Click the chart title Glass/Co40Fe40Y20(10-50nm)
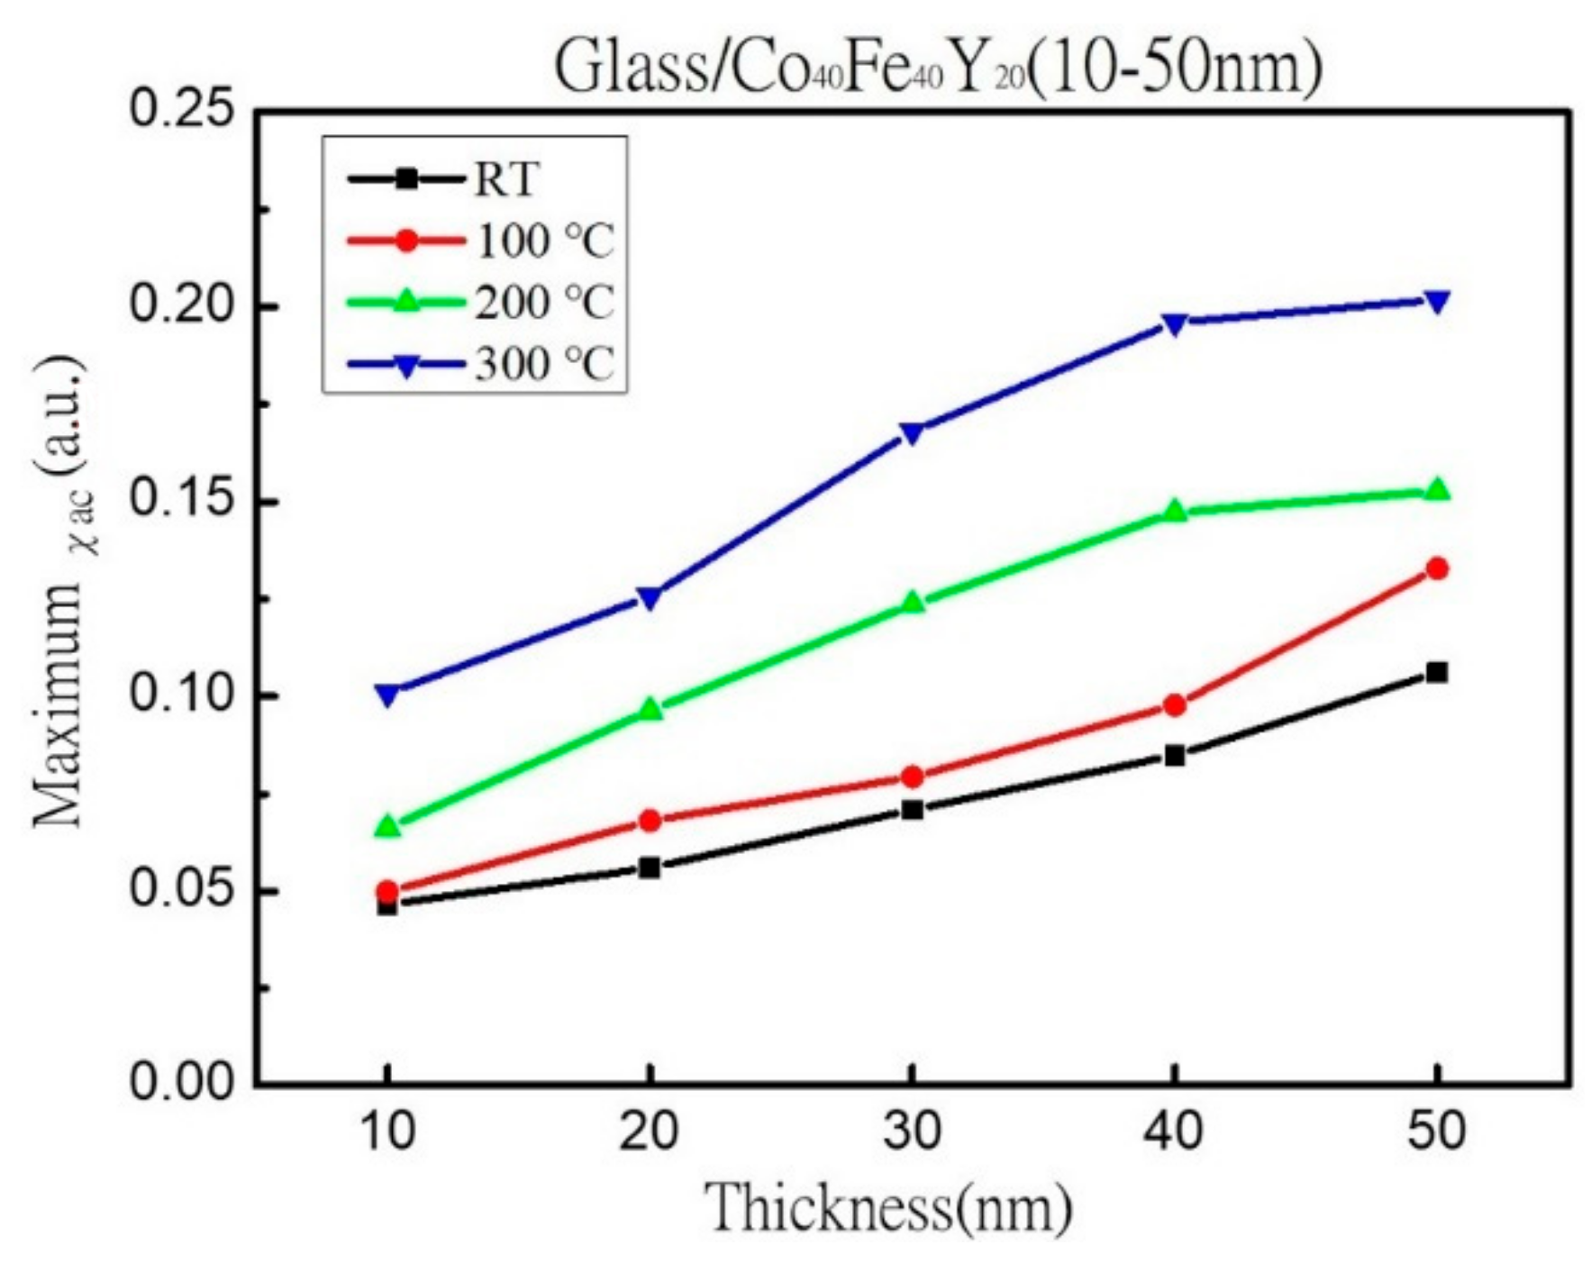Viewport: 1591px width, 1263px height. pos(937,68)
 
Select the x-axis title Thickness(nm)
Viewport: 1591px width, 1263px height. pos(886,1206)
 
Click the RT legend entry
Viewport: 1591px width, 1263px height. pos(441,178)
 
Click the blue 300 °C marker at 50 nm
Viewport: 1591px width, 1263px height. pos(1437,302)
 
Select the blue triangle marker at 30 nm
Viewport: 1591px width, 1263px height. pos(912,433)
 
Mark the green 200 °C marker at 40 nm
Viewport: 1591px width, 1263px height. pos(1174,512)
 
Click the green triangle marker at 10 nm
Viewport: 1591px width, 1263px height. pos(387,825)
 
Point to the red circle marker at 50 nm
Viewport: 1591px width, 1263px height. pos(1437,568)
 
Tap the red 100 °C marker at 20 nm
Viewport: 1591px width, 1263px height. pos(650,820)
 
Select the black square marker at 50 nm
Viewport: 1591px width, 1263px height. pos(1437,672)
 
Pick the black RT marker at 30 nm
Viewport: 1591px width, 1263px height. pos(912,809)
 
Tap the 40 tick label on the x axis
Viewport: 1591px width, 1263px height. pos(1174,1130)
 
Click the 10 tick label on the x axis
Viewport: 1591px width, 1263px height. pos(387,1130)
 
